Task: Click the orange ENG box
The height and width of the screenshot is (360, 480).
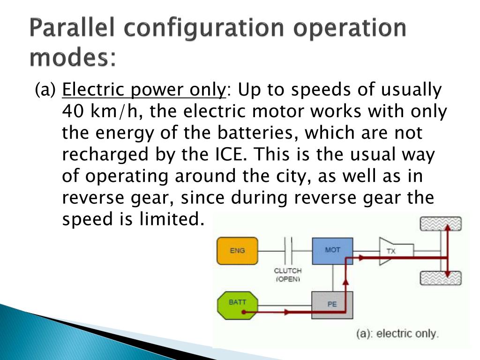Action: pyautogui.click(x=237, y=251)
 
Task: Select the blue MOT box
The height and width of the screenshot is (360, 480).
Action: pyautogui.click(x=332, y=251)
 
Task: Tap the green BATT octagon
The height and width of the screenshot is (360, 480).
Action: pyautogui.click(x=237, y=305)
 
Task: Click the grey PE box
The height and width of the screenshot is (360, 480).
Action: pyautogui.click(x=332, y=305)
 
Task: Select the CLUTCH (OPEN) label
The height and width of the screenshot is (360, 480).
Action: pyautogui.click(x=288, y=275)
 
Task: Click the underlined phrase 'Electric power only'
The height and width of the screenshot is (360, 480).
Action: pyautogui.click(x=144, y=90)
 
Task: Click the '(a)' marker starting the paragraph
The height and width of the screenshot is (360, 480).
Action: pyautogui.click(x=45, y=90)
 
